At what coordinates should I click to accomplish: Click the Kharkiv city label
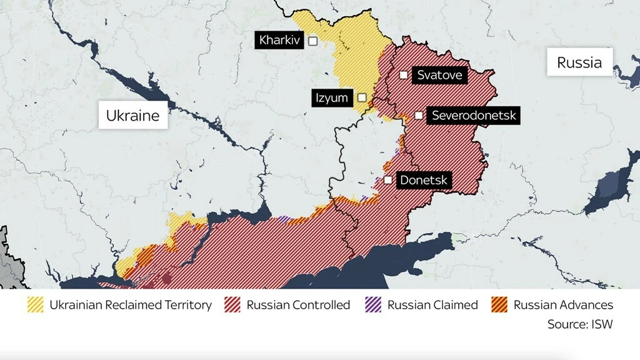pos(280,41)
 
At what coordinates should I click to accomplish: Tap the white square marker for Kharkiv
pos(313,41)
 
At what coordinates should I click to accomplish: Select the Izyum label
pos(332,97)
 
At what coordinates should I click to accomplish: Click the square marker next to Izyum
pos(362,97)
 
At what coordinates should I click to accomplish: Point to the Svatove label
pos(439,75)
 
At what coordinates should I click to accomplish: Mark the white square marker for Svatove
pos(404,75)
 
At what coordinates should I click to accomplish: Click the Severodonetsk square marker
pos(419,116)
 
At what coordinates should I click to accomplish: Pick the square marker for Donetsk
pos(388,180)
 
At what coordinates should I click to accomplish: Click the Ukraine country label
pos(132,115)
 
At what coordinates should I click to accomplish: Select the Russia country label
pos(579,62)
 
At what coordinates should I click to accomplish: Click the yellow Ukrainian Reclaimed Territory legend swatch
pos(36,305)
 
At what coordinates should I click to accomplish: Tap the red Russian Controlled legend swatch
pos(232,305)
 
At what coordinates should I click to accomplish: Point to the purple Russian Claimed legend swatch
pos(373,305)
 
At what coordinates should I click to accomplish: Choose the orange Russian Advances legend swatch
pos(500,305)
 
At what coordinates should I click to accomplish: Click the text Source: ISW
pos(580,324)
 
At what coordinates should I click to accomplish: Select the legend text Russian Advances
pos(563,305)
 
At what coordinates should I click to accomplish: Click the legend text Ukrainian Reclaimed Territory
pos(131,305)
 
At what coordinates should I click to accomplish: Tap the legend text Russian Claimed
pos(432,305)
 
